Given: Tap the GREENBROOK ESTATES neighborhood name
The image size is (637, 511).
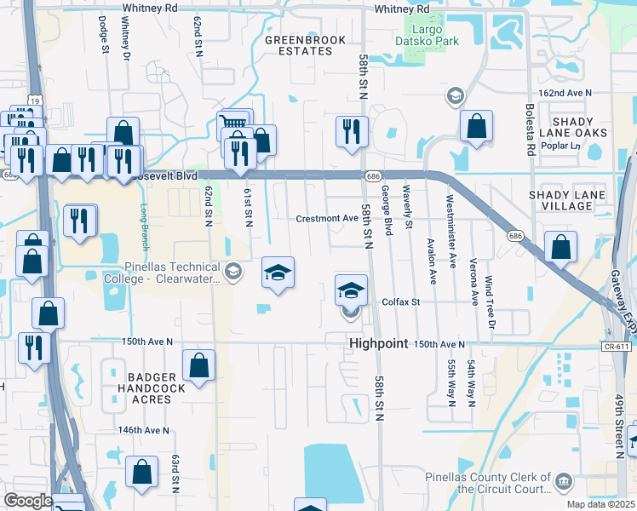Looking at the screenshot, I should click(298, 45).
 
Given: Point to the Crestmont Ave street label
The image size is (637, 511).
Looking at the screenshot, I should click(327, 218).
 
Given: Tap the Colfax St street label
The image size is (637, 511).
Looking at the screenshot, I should click(401, 302).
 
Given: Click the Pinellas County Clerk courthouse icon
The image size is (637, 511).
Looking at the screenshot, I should click(563, 483).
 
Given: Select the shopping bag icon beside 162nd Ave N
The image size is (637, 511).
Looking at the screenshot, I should click(477, 127).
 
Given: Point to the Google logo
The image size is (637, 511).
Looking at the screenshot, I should click(28, 500).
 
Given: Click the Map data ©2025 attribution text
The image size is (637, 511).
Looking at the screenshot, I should click(600, 504).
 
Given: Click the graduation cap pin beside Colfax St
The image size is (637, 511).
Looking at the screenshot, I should click(351, 291).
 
